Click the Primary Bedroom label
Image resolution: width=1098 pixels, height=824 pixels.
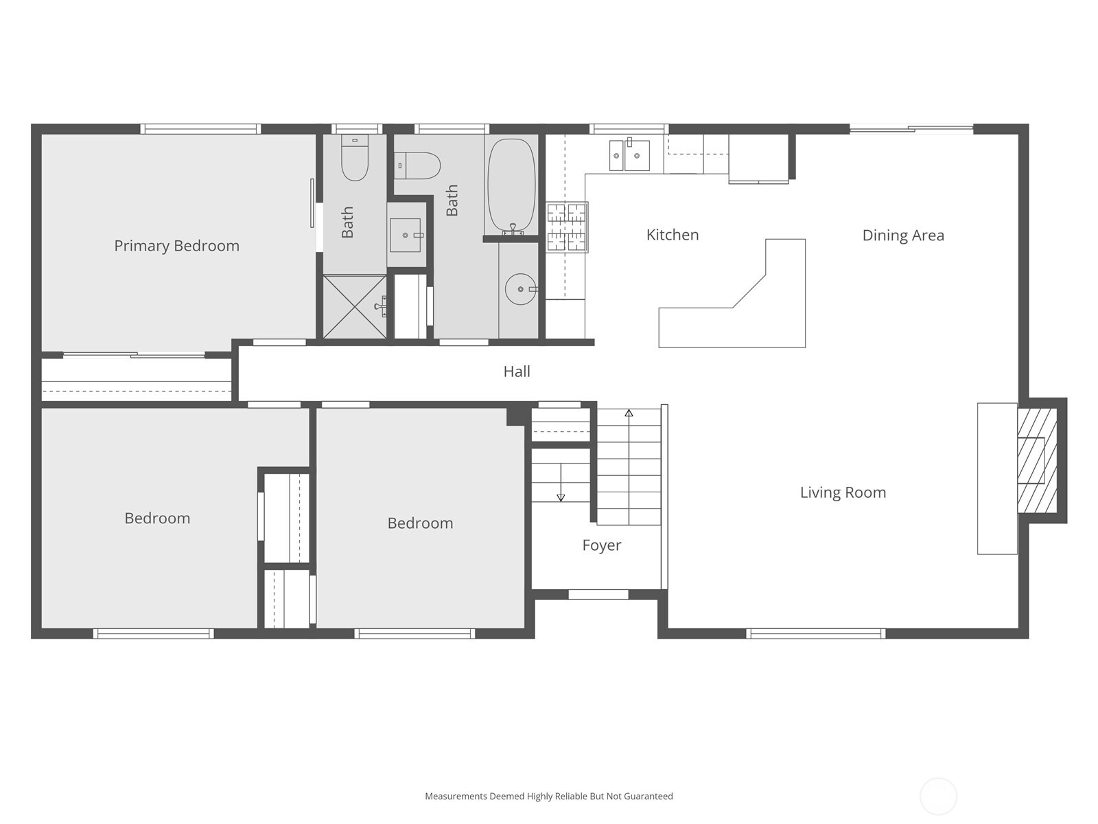coord(176,246)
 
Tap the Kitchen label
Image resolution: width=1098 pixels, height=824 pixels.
coord(672,235)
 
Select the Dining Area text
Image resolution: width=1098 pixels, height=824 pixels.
coord(902,236)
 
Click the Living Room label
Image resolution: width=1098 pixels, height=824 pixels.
coord(842,492)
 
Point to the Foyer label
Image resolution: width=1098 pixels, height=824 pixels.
coord(601,545)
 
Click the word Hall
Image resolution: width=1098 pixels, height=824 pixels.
coord(516,371)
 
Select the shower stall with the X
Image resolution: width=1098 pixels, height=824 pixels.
coord(354,306)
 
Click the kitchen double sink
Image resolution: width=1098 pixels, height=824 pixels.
coord(629,155)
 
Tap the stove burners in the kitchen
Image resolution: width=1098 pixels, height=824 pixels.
coord(566,227)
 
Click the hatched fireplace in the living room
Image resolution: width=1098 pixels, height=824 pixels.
coord(1036,461)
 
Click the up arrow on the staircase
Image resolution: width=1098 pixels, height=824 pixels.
coord(629,413)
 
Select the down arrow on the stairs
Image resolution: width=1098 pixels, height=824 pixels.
coord(561,495)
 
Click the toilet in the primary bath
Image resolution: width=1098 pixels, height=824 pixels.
coord(354,159)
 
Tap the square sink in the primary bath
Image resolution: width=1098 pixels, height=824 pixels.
coord(406,235)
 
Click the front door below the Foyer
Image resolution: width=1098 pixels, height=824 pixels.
coord(598,595)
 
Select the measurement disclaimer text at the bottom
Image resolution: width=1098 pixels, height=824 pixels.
coord(548,797)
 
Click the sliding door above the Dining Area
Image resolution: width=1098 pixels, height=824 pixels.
coord(911,128)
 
